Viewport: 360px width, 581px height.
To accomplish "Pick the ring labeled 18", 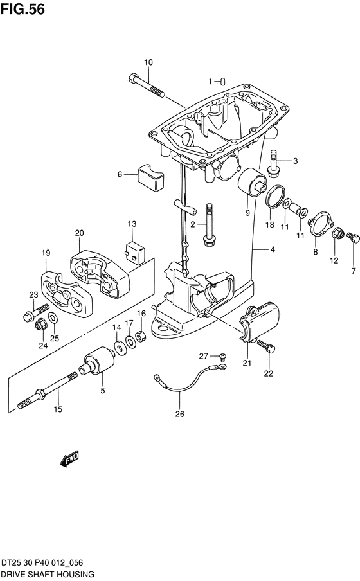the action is (x=276, y=197).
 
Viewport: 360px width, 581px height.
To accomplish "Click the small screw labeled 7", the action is (x=352, y=237).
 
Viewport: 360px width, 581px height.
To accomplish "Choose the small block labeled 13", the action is (x=134, y=252).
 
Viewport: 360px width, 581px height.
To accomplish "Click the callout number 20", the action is (x=79, y=233).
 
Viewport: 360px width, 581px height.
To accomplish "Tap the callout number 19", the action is (x=46, y=253).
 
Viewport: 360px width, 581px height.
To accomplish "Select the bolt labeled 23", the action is (x=35, y=312).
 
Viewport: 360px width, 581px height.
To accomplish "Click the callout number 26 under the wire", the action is (x=180, y=414).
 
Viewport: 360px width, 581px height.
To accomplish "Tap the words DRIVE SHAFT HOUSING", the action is (x=48, y=575).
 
